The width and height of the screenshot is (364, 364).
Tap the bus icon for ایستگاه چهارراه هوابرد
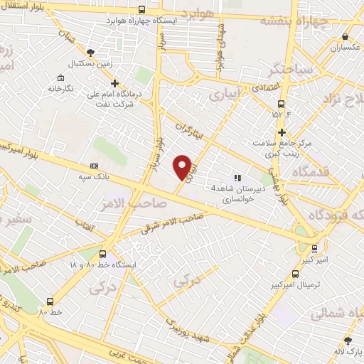pyautogui.click(x=142, y=10)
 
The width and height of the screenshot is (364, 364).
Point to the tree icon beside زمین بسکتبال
pyautogui.click(x=90, y=52)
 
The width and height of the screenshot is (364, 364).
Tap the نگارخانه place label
pyautogui.click(x=62, y=89)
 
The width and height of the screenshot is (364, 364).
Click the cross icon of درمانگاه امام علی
pyautogui.click(x=114, y=83)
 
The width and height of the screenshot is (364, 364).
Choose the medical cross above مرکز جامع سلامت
pyautogui.click(x=282, y=133)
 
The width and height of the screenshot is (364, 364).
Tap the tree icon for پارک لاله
pyautogui.click(x=348, y=340)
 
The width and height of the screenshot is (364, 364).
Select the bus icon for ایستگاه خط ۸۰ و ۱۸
pyautogui.click(x=103, y=254)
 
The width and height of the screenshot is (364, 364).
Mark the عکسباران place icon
pyautogui.click(x=345, y=37)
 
